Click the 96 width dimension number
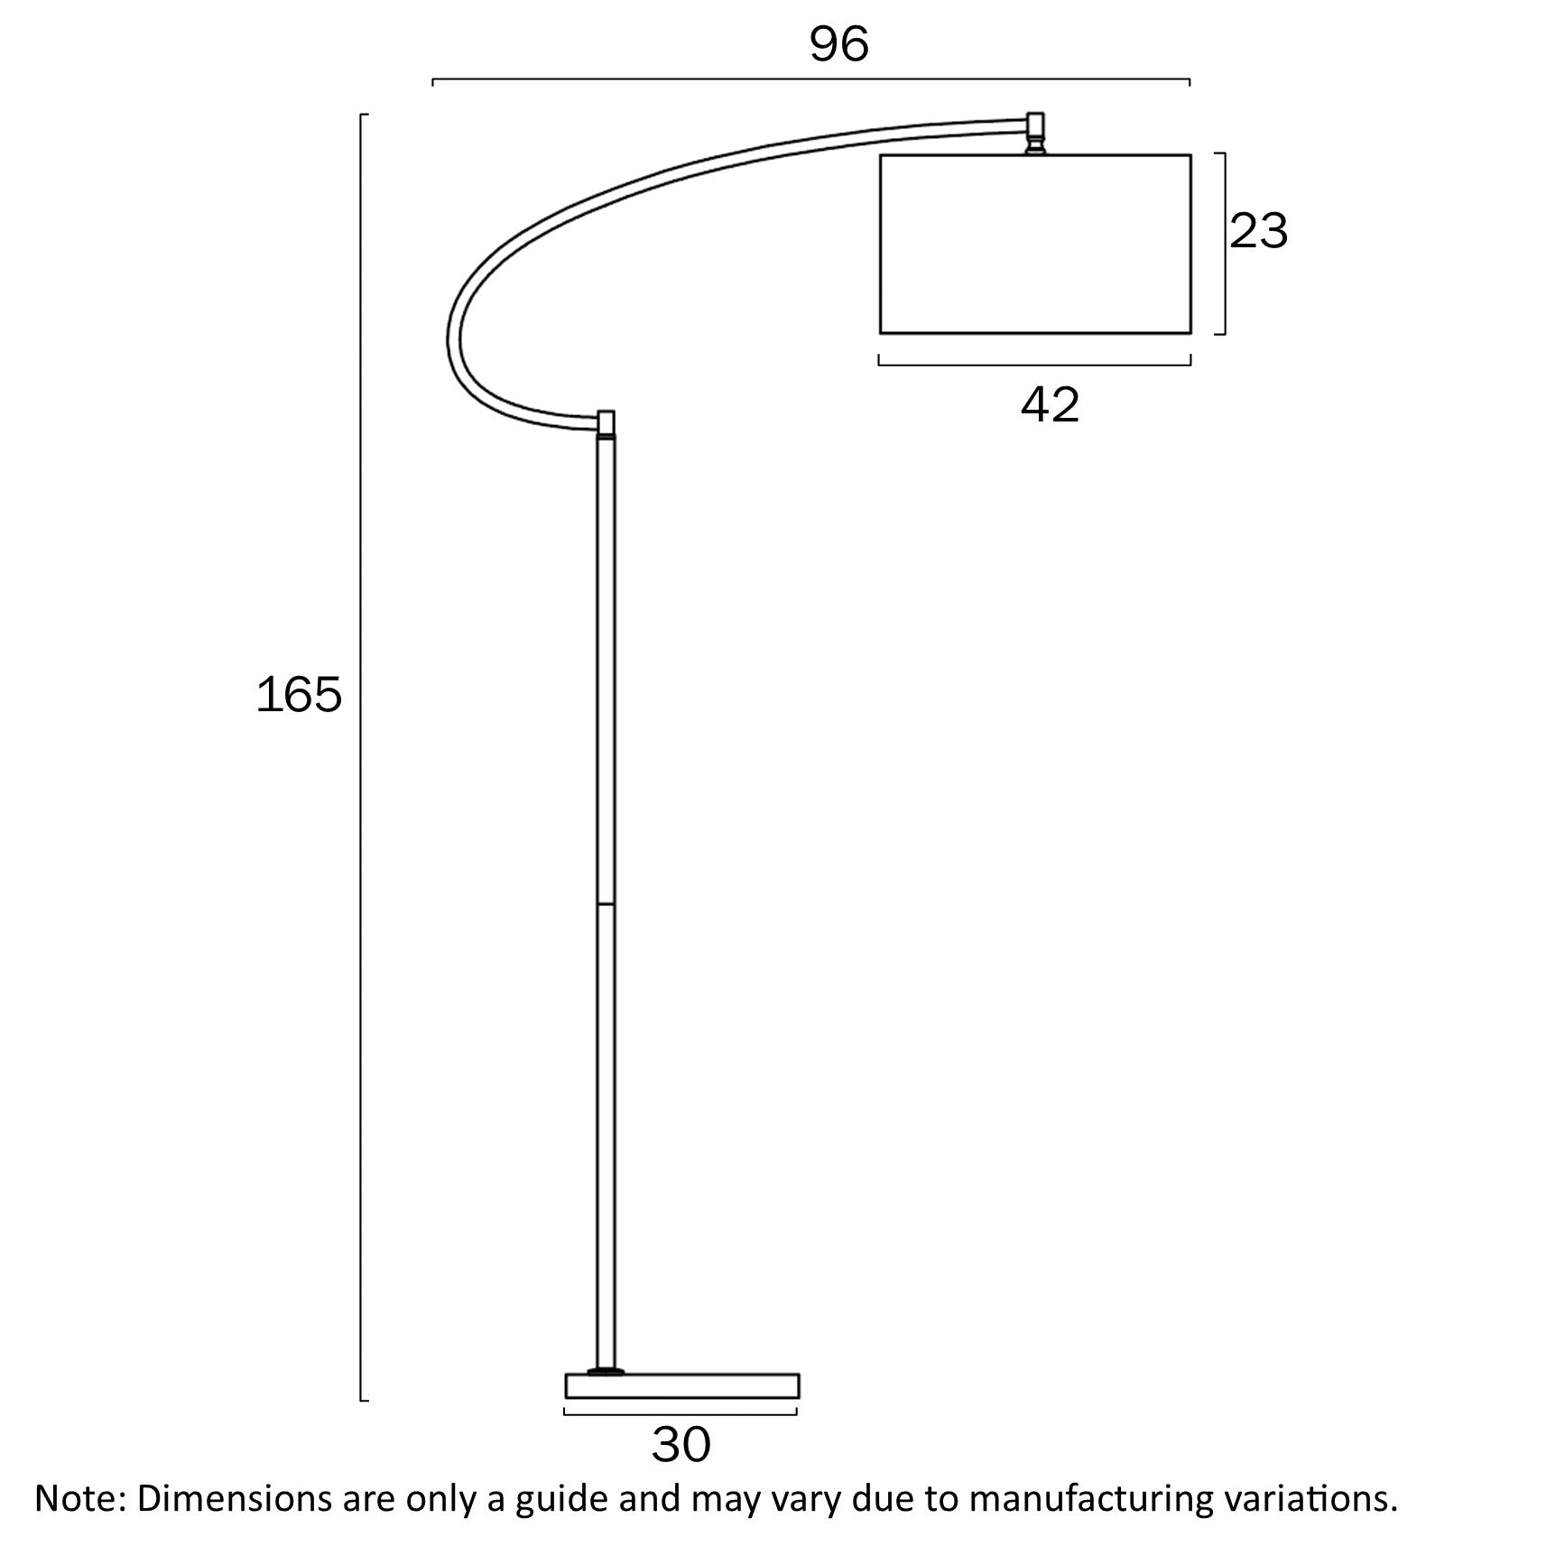pyautogui.click(x=838, y=44)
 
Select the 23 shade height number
pyautogui.click(x=1258, y=231)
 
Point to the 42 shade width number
pyautogui.click(x=1050, y=405)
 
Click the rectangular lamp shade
pyautogui.click(x=1035, y=244)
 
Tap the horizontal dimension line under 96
pyautogui.click(x=810, y=79)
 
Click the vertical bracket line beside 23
pyautogui.click(x=1224, y=244)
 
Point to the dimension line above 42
pyautogui.click(x=1035, y=365)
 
